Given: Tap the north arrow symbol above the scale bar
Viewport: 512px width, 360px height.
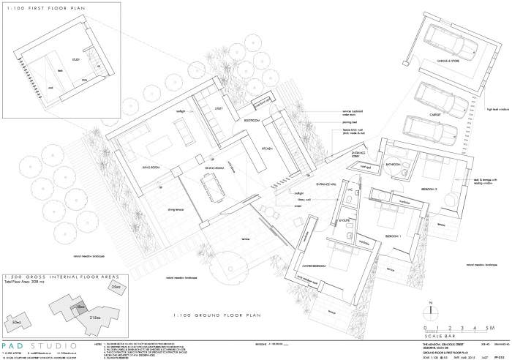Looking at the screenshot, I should click(x=432, y=308).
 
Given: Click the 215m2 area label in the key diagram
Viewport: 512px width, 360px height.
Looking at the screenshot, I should click(x=95, y=319).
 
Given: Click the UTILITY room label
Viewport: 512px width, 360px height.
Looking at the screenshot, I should click(x=218, y=109).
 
